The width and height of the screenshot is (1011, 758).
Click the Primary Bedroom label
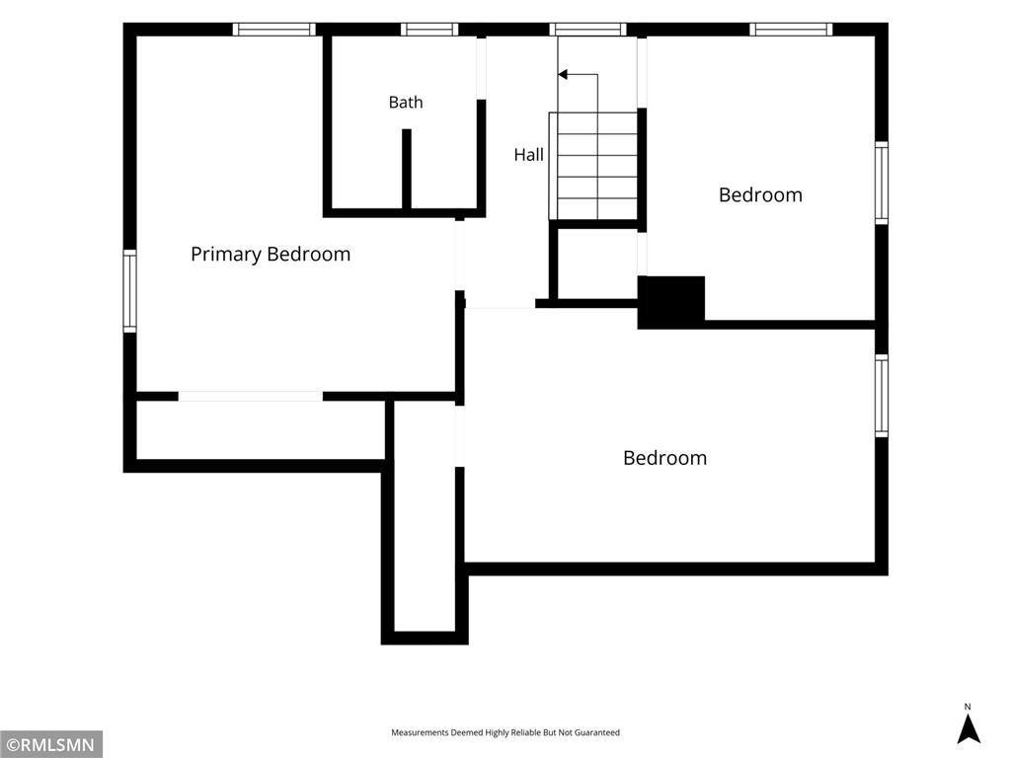[271, 254]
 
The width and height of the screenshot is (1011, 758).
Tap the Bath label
[406, 102]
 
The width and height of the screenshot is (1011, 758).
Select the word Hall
[529, 155]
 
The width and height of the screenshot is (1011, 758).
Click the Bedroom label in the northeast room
[761, 194]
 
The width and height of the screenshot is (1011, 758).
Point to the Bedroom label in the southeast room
[664, 458]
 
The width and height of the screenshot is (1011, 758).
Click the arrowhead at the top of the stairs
[563, 75]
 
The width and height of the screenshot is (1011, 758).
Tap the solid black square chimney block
[671, 302]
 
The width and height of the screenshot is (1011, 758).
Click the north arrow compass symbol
[968, 730]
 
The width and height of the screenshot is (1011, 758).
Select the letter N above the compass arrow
[968, 707]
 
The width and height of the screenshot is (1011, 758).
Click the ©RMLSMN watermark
[51, 745]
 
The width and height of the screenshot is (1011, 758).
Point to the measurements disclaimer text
[505, 732]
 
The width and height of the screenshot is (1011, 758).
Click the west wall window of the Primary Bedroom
[129, 291]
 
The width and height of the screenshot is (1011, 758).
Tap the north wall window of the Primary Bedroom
[274, 29]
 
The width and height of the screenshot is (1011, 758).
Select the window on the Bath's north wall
[429, 29]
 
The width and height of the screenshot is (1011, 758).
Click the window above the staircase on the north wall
[588, 29]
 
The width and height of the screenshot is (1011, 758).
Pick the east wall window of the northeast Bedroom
[882, 183]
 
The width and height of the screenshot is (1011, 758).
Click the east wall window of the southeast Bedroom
[882, 396]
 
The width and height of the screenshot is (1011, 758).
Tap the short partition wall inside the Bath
[407, 169]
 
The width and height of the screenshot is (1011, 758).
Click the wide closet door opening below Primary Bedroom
[251, 397]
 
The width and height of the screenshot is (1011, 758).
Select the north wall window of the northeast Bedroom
[791, 29]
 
